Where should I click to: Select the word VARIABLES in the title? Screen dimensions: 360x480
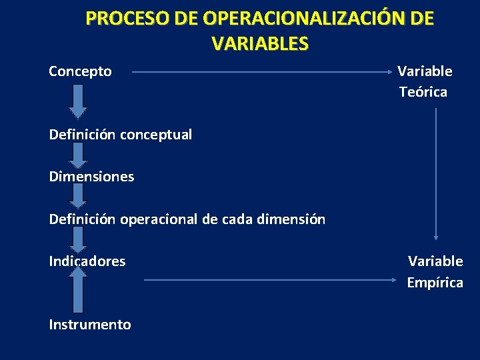(260, 44)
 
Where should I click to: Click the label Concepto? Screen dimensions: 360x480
(80, 71)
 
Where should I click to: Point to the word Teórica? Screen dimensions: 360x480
(423, 92)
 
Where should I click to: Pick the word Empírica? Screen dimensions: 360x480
(435, 283)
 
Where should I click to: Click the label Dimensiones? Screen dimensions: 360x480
(91, 177)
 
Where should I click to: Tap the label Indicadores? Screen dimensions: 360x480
(87, 261)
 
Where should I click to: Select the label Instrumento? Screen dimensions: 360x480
(90, 325)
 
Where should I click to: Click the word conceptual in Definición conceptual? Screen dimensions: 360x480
(156, 135)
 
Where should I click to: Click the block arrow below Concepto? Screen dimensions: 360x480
(79, 101)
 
